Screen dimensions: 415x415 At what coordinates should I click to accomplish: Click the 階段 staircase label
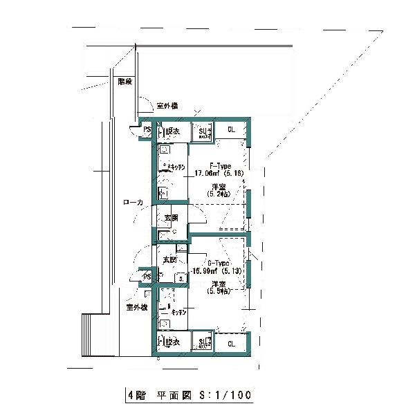125,82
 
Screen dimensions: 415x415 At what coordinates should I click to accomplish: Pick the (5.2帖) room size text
220,194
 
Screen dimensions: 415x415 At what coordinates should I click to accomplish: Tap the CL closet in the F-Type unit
231,129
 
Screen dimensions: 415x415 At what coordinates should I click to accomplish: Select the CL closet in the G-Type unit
231,343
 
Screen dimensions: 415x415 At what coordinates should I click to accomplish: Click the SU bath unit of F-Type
204,131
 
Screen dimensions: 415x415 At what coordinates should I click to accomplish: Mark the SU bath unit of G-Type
204,342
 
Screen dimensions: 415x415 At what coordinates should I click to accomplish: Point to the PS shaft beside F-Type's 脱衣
147,130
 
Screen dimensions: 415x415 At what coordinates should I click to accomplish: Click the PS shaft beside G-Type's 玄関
147,277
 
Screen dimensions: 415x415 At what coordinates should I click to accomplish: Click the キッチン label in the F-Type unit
176,167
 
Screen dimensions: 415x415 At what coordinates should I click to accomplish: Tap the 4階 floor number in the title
136,396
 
